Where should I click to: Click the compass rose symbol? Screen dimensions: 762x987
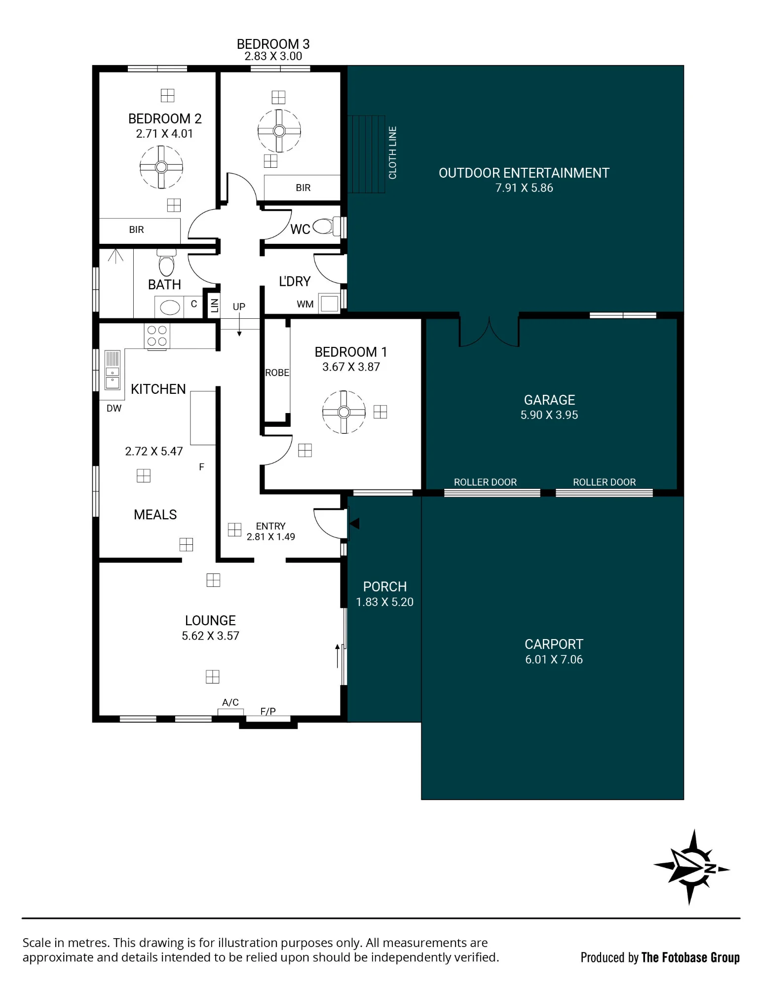(x=691, y=867)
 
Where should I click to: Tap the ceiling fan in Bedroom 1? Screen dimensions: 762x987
(x=344, y=412)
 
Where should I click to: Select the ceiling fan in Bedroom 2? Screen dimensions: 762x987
(x=161, y=167)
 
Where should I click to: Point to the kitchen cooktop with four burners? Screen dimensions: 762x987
(x=157, y=336)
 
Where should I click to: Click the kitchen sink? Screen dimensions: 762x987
(x=113, y=370)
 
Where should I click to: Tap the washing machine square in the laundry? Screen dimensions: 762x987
(x=329, y=303)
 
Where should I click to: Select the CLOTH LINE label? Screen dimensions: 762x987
(x=393, y=152)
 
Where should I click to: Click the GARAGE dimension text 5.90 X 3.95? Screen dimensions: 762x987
(x=549, y=415)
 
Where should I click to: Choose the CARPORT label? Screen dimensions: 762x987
(x=554, y=644)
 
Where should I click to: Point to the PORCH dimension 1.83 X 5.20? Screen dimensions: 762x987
(x=385, y=602)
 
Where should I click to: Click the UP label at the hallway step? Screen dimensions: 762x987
(x=239, y=306)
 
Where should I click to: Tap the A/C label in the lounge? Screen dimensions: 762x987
(x=230, y=702)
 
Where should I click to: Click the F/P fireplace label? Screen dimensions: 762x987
(x=268, y=711)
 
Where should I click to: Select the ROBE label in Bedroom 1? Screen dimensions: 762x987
(x=277, y=373)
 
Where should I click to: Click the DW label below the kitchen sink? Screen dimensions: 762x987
(x=114, y=408)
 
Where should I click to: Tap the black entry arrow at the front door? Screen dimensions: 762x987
(x=354, y=523)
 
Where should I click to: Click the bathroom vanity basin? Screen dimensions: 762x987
(x=170, y=307)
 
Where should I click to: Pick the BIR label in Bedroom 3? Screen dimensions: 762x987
(x=303, y=188)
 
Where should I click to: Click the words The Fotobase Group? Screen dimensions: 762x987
(x=690, y=957)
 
